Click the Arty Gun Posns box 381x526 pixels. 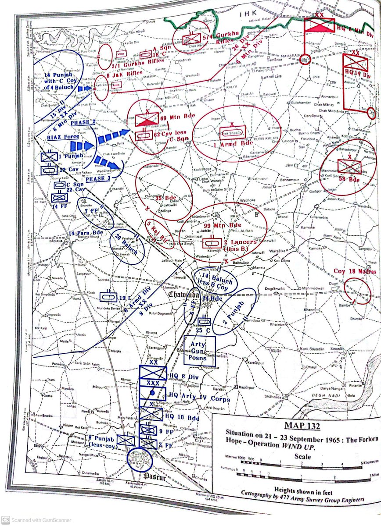[x=200, y=351]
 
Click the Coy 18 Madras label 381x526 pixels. [x=355, y=272]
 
